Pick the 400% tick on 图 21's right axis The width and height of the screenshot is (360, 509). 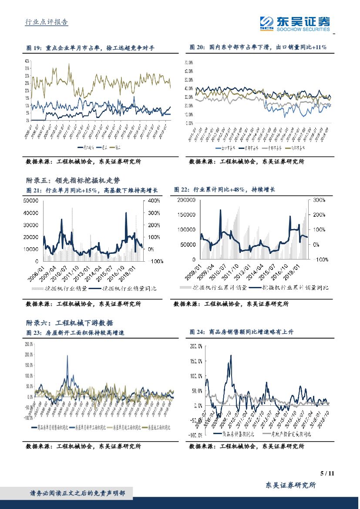pyautogui.click(x=155, y=201)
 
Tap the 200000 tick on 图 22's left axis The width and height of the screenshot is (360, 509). pyautogui.click(x=188, y=200)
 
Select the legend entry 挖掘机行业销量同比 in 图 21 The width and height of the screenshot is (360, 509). pyautogui.click(x=126, y=289)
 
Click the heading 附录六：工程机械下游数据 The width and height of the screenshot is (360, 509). pyautogui.click(x=69, y=323)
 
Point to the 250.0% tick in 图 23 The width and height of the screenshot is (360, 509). pyautogui.click(x=29, y=344)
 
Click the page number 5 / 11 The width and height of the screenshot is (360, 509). pyautogui.click(x=326, y=474)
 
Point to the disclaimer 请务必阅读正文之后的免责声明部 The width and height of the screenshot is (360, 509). pyautogui.click(x=77, y=493)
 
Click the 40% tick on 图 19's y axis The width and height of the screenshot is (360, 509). pyautogui.click(x=27, y=61)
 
